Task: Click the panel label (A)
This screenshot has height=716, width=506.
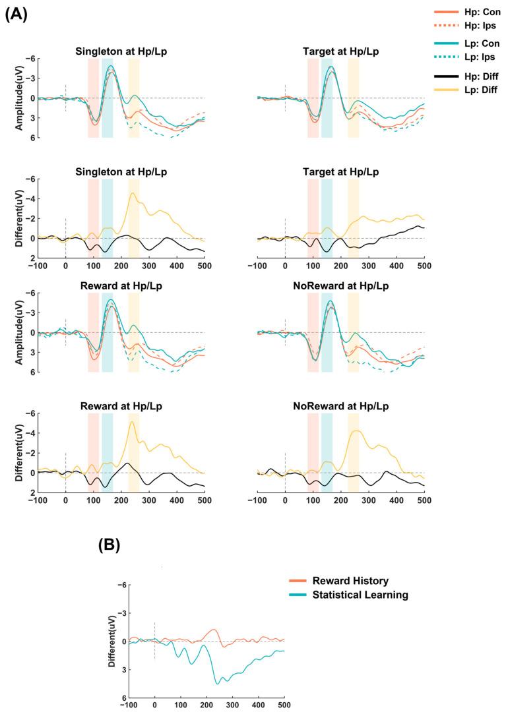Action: click(x=16, y=15)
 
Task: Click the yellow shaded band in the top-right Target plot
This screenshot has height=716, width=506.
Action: click(x=353, y=98)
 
